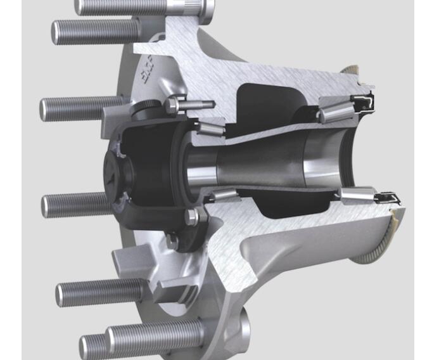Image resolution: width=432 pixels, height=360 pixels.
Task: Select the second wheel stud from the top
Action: tap(95, 30)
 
